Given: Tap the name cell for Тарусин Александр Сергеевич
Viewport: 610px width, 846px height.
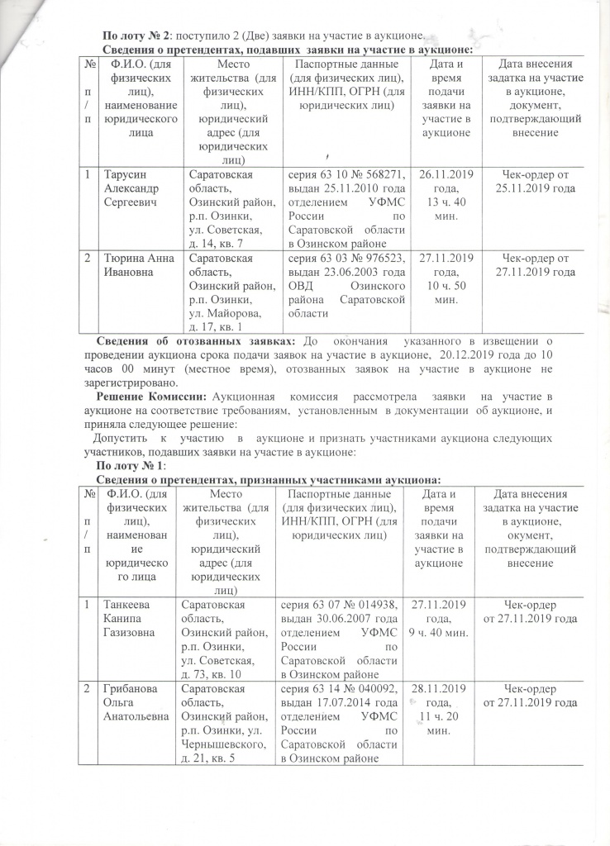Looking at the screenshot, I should pos(131,188).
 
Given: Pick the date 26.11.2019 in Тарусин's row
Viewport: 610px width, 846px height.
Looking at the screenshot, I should pos(447,175).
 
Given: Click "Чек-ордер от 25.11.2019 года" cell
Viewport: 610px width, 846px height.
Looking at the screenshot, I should pos(534,182).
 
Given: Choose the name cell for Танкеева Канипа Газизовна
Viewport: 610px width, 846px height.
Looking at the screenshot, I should pos(127,618).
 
